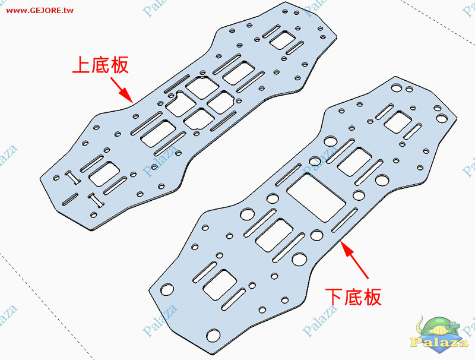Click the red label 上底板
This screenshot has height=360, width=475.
point(100,65)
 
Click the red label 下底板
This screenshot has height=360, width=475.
point(353,296)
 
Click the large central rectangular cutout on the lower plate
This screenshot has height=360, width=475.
point(315,197)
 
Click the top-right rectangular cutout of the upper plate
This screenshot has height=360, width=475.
point(285,40)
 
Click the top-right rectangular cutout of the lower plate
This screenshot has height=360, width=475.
point(401,121)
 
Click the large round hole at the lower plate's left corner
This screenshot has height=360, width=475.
point(167,289)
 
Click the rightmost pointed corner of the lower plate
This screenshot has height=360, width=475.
point(458,122)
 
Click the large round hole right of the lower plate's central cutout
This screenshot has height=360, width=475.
point(359,195)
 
